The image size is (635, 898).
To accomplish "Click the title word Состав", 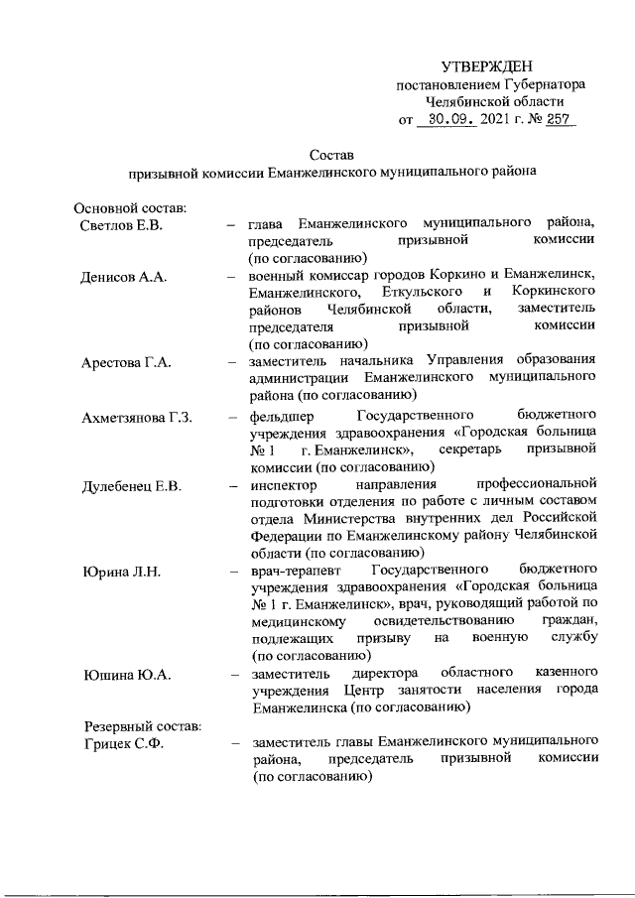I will (330, 154).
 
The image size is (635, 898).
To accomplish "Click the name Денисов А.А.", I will (123, 276).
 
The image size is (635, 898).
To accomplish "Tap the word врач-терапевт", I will (295, 573).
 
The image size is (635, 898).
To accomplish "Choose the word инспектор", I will (285, 486).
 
